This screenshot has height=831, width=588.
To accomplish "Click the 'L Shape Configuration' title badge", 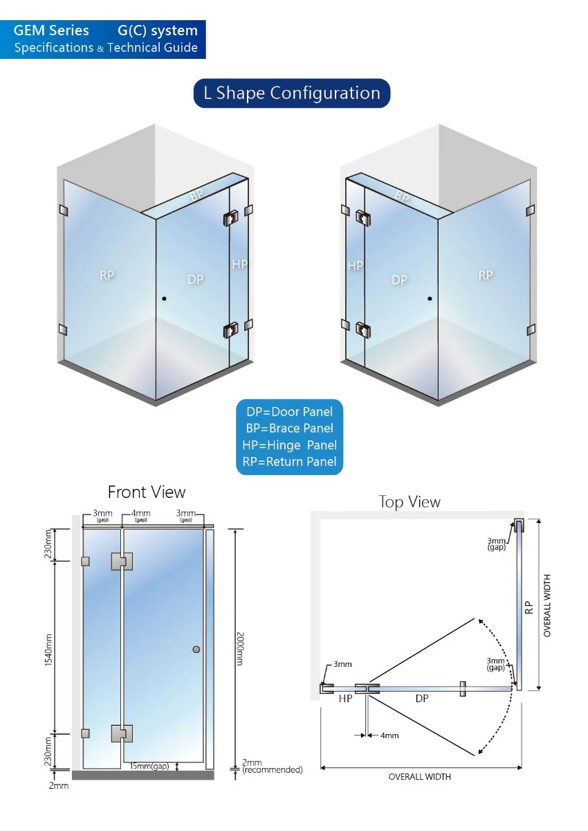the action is (x=292, y=93).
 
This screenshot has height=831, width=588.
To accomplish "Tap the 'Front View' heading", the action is (x=147, y=492).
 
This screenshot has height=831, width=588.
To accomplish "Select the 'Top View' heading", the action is (x=410, y=501).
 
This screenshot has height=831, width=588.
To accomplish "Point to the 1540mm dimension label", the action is (x=48, y=650).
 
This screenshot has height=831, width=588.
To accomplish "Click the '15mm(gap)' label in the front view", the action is (x=149, y=766).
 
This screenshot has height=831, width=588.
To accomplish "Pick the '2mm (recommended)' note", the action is (x=272, y=766).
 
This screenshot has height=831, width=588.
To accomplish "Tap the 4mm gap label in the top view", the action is (x=389, y=735).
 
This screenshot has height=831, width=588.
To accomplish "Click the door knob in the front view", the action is (x=196, y=650).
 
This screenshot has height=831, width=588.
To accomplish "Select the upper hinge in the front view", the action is (x=122, y=562).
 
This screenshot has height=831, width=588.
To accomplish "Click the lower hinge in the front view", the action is (x=122, y=733).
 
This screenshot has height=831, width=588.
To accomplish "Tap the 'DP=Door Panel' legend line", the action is (x=289, y=412).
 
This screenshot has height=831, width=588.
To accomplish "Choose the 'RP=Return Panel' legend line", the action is (x=289, y=461).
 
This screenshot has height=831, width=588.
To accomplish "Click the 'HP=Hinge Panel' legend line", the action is (x=289, y=445).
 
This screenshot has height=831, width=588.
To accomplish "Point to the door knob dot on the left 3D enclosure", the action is (x=164, y=298).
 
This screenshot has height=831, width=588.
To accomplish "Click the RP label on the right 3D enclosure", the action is (x=486, y=276).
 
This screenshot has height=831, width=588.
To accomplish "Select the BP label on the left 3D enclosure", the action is (x=196, y=195).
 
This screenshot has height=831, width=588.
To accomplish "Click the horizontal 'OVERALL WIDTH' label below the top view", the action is (x=420, y=776).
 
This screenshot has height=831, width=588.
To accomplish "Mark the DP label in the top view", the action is (x=422, y=699).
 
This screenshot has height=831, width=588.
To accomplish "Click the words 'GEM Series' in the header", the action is (x=51, y=30).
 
